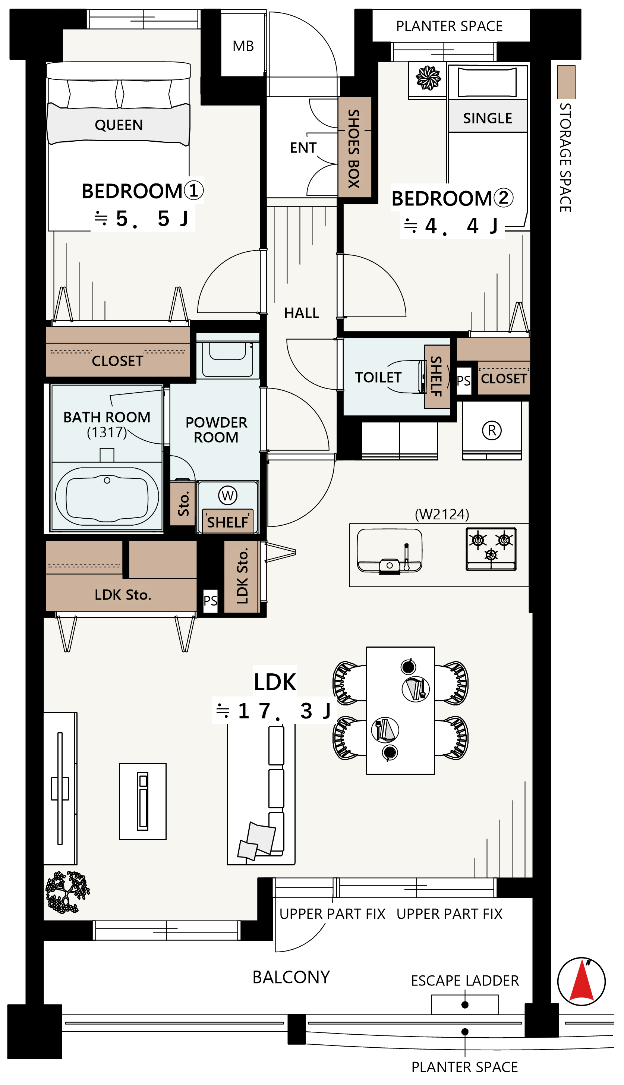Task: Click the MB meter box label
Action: (243, 46)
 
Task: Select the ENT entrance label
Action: (303, 148)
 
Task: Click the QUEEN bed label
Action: (119, 125)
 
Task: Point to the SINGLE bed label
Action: (487, 118)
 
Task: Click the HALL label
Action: (302, 313)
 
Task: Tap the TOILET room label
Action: (378, 377)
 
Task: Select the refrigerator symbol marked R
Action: (492, 430)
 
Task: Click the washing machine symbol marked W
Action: (228, 496)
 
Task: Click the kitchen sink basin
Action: (390, 550)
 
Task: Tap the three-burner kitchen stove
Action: (491, 549)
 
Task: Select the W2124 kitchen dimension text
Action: (442, 514)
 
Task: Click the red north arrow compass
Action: (582, 981)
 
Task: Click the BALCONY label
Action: (291, 977)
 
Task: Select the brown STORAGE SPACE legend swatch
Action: (566, 82)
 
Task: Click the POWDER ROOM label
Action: (217, 430)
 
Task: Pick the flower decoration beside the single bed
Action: (428, 78)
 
